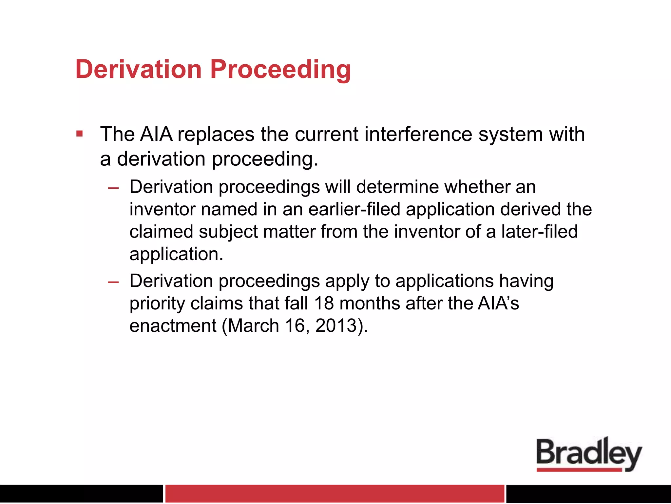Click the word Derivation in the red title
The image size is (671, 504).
[138, 69]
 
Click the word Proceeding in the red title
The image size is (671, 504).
[280, 70]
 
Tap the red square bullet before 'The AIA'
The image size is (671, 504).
[79, 134]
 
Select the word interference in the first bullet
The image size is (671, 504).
[418, 135]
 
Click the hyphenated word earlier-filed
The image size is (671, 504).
[354, 209]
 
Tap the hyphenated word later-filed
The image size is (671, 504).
[539, 232]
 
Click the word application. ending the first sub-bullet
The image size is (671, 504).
[176, 254]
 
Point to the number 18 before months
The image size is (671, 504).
[324, 303]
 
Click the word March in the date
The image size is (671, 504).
[253, 325]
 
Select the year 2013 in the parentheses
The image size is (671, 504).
[335, 325]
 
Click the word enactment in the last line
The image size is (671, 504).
[173, 325]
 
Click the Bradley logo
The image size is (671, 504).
[589, 454]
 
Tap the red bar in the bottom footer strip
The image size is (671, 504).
[334, 493]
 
